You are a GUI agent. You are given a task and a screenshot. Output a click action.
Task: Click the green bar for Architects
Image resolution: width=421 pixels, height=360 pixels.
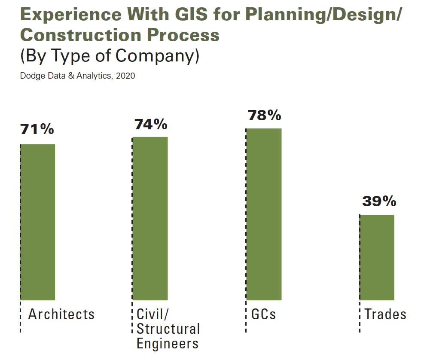pos(38,222)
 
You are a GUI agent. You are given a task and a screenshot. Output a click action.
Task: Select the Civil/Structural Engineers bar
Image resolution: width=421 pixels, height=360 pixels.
pos(150,218)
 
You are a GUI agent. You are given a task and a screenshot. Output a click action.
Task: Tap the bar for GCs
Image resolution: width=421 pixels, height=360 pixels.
pos(264,214)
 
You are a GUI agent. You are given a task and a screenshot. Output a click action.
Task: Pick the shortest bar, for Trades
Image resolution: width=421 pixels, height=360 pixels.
pos(377,257)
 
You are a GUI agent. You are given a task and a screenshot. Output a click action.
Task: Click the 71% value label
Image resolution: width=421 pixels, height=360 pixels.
pos(37,129)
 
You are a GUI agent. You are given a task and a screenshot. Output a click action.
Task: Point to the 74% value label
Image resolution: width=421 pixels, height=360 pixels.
pos(150,124)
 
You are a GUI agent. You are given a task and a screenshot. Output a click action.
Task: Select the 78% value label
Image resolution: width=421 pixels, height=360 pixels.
pos(264,115)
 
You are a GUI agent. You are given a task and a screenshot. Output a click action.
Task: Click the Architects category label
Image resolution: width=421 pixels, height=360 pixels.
pos(61,314)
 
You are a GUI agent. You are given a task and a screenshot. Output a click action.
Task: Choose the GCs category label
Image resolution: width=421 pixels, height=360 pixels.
pos(263,314)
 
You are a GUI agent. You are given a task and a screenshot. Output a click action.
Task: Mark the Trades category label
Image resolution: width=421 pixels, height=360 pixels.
pos(385,314)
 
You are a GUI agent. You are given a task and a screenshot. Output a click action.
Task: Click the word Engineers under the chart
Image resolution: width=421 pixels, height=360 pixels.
pos(168,344)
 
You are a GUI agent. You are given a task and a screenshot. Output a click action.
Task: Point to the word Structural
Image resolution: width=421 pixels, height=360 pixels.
pos(168,329)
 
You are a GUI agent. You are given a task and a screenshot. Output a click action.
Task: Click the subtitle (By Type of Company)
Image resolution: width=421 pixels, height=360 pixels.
pos(110,56)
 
